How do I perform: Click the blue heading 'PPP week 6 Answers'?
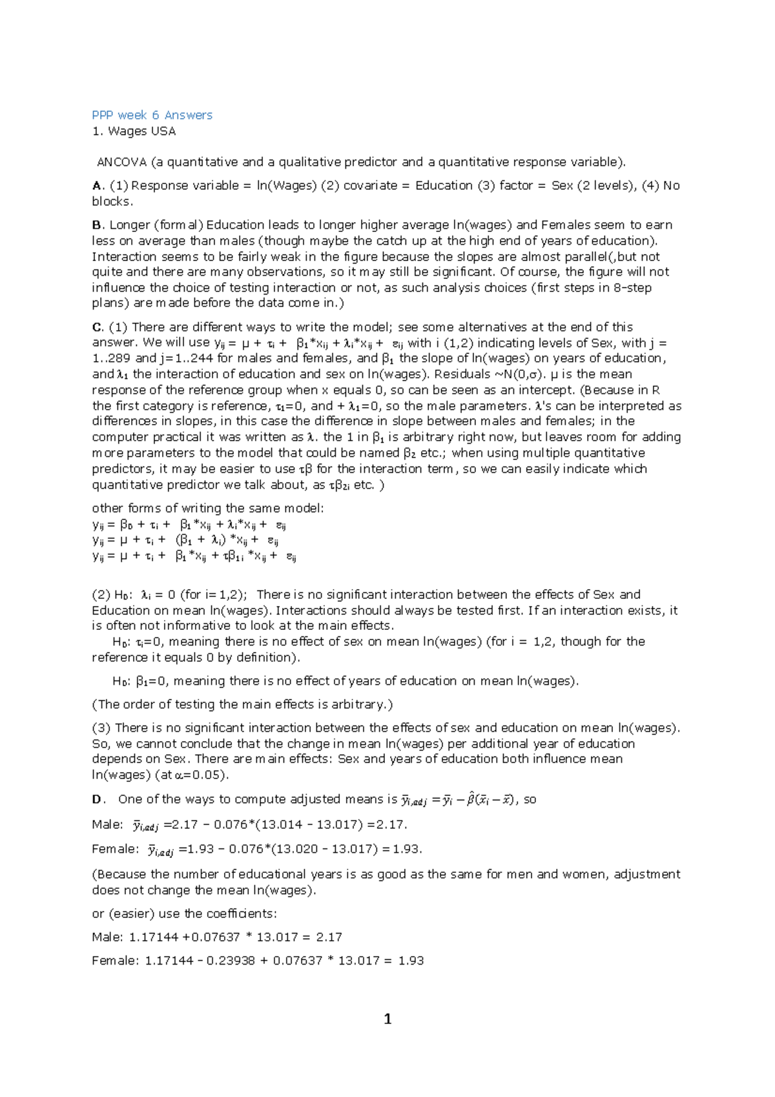[x=152, y=115]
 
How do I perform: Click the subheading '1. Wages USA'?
[x=134, y=131]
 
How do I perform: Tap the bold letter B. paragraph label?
[x=98, y=225]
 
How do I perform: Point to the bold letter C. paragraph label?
[x=98, y=327]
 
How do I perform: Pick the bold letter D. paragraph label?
[x=99, y=799]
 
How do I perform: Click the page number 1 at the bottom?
[x=387, y=1019]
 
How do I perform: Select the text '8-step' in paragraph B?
[x=632, y=287]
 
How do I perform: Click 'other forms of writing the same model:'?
[x=208, y=508]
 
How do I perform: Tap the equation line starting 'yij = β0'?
[x=189, y=525]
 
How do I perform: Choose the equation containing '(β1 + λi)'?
[x=185, y=541]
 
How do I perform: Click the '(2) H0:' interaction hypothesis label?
[x=112, y=595]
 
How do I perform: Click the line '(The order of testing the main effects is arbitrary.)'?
[x=242, y=704]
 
